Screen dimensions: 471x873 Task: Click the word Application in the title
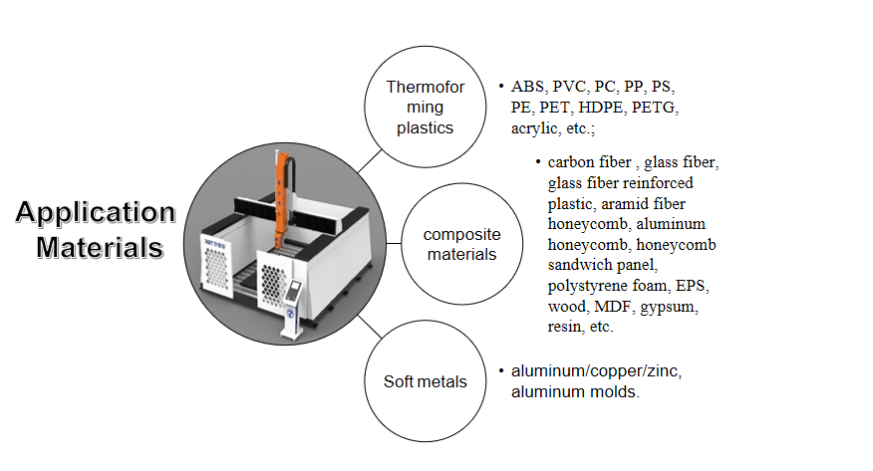tap(96, 212)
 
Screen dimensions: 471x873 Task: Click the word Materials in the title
tap(100, 245)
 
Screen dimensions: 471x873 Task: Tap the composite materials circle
tap(461, 244)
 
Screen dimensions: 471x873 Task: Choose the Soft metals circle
tap(425, 381)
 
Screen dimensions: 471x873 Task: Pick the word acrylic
tap(538, 128)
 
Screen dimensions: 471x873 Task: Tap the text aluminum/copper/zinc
tap(596, 370)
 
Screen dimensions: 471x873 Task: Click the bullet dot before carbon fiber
tap(537, 161)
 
